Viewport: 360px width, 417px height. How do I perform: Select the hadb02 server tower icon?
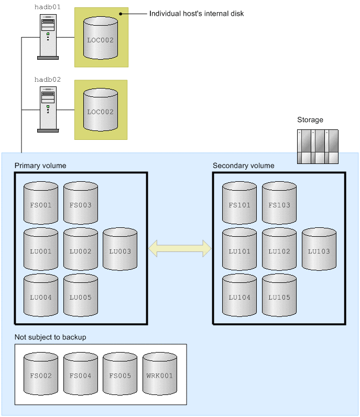(48, 109)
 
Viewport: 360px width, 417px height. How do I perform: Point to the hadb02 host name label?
(48, 80)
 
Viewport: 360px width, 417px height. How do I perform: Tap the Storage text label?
(310, 120)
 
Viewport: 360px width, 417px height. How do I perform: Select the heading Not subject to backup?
(50, 337)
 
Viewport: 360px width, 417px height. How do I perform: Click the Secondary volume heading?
(243, 166)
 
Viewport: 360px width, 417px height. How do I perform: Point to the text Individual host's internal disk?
(197, 14)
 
